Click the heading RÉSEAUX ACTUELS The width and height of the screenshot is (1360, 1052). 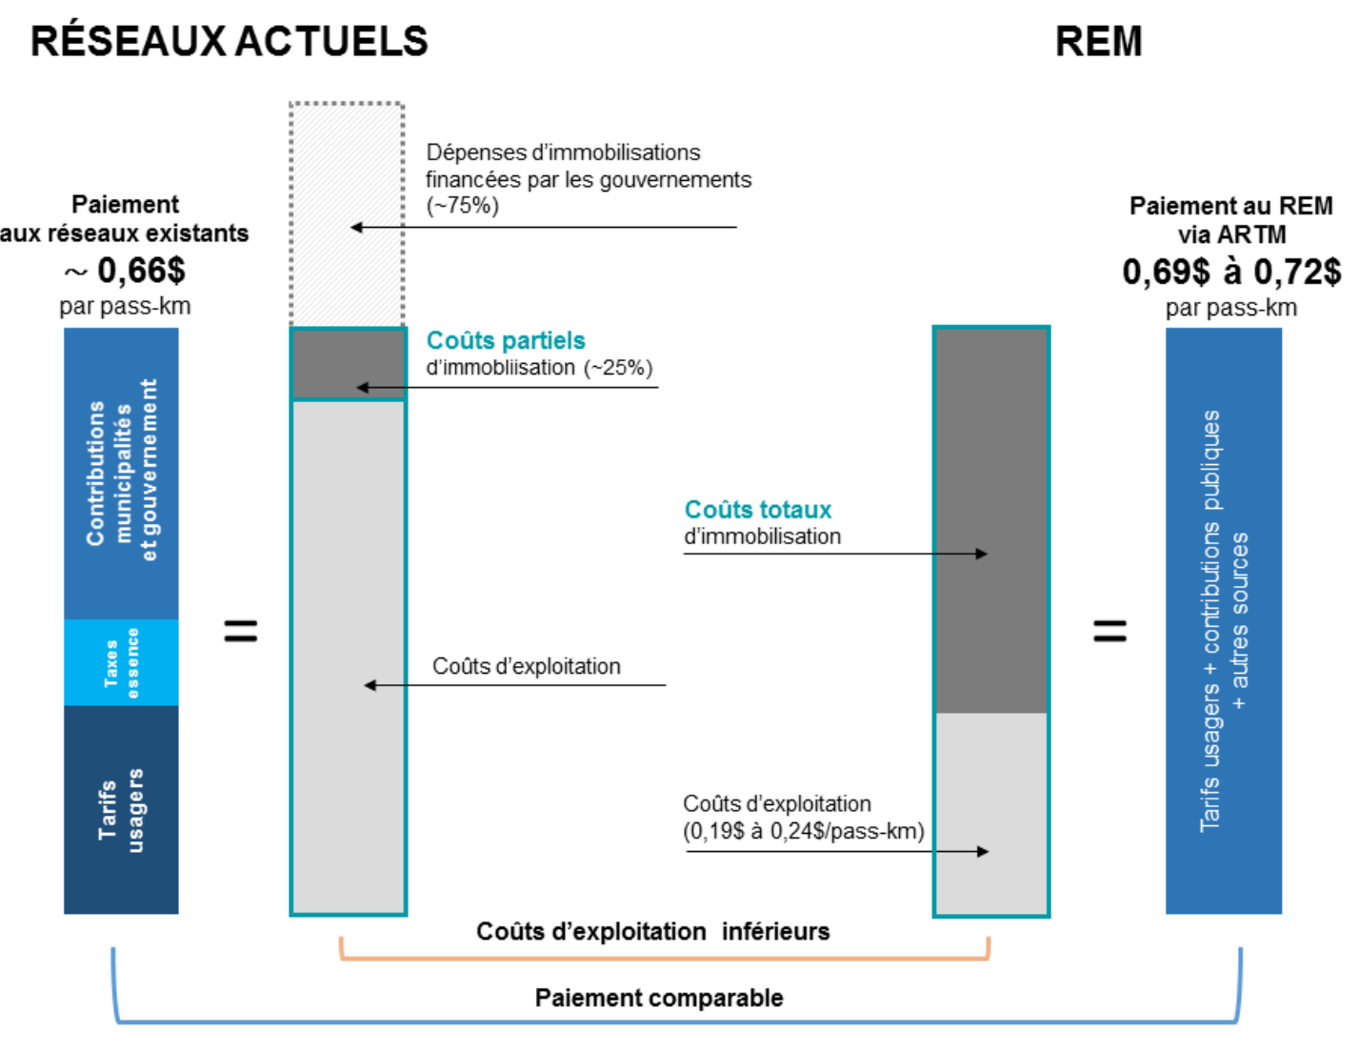[x=230, y=42]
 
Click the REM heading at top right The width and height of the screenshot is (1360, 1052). [x=1098, y=42]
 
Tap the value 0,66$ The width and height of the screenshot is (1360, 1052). [x=141, y=271]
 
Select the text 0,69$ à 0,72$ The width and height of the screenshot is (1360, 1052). [x=1230, y=272]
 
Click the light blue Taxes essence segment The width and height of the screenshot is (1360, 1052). [x=121, y=662]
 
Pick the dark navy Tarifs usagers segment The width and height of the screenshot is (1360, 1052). [x=121, y=810]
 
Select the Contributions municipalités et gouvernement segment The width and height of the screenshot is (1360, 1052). [x=121, y=474]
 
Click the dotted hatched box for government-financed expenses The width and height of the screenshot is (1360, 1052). [x=347, y=214]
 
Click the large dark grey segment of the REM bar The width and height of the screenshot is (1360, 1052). [x=991, y=520]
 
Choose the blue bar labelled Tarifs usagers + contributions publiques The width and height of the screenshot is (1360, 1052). [x=1224, y=620]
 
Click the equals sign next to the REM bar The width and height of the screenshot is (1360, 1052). [x=1110, y=631]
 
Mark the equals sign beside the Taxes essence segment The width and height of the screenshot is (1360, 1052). [x=241, y=631]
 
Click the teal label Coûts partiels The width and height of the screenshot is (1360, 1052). [x=506, y=340]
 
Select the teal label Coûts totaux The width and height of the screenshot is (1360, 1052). [x=758, y=510]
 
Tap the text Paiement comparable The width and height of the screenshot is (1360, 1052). [x=659, y=998]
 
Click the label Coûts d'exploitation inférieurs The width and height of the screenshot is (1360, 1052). [x=653, y=931]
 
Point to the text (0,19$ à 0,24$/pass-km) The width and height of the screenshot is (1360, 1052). [x=804, y=831]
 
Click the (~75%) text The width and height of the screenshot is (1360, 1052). [x=463, y=206]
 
